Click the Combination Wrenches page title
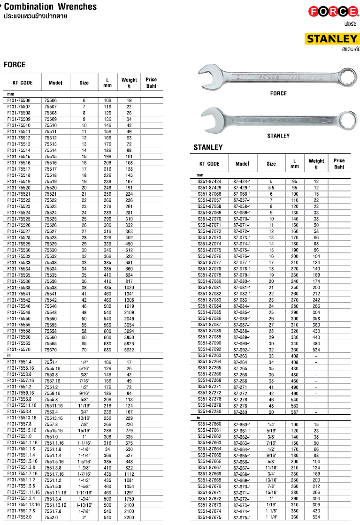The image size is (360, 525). [x=50, y=7]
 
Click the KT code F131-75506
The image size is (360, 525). [x=19, y=100]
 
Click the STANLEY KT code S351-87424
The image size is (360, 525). [x=209, y=181]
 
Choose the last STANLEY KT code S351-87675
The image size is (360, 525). [x=209, y=517]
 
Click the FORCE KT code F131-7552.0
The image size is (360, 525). [x=19, y=517]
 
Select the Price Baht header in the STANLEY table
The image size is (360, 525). [x=339, y=164]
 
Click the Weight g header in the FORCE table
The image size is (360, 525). [x=129, y=83]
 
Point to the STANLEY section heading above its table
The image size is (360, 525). [x=208, y=147]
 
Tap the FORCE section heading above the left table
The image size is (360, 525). [x=15, y=64]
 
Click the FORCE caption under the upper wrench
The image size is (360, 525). [x=278, y=93]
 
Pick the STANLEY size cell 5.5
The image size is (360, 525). [x=271, y=187]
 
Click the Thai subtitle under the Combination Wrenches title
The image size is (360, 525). [x=35, y=16]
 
